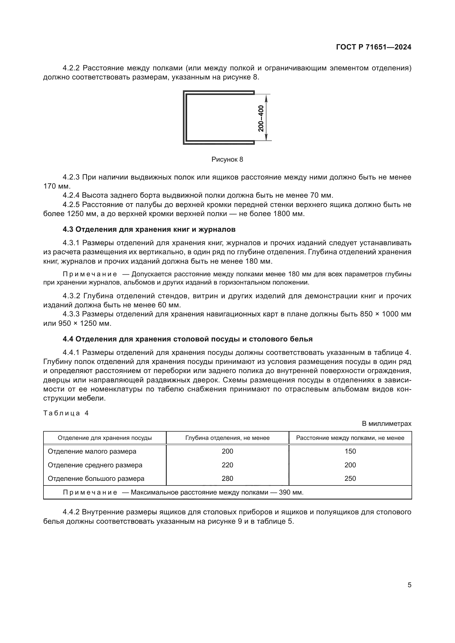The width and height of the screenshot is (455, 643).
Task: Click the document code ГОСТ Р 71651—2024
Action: [374, 47]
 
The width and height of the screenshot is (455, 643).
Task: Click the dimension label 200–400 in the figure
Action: [261, 118]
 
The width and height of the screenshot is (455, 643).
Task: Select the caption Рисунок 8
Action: [227, 160]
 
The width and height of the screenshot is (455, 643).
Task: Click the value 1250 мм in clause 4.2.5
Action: [78, 214]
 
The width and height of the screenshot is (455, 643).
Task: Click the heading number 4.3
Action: [68, 229]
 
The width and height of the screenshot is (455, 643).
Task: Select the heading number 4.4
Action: [68, 339]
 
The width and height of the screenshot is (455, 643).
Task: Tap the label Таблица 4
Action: [66, 413]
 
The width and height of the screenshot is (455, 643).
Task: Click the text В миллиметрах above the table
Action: [386, 424]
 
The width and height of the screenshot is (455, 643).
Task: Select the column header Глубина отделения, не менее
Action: [227, 438]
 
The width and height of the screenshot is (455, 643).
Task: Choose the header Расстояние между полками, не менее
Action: [350, 438]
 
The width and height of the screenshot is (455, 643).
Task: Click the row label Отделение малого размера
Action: [92, 451]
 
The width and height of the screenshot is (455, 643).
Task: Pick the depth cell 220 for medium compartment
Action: [227, 465]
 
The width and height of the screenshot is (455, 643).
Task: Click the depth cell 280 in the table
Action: [227, 478]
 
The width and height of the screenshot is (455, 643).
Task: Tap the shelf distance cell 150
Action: [350, 451]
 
